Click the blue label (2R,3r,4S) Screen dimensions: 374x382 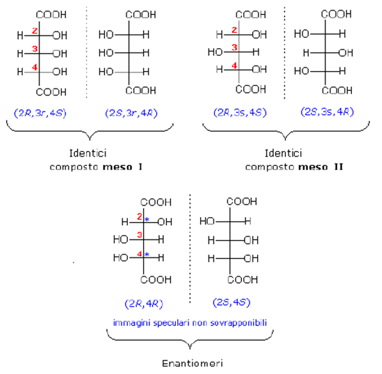click(41, 112)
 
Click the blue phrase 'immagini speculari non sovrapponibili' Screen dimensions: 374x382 click(190, 322)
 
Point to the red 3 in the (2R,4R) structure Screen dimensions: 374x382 click(139, 235)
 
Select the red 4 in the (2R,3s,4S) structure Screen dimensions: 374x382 click(234, 65)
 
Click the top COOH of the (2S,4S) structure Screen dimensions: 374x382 click(241, 201)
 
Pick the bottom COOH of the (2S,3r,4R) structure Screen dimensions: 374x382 click(141, 91)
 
